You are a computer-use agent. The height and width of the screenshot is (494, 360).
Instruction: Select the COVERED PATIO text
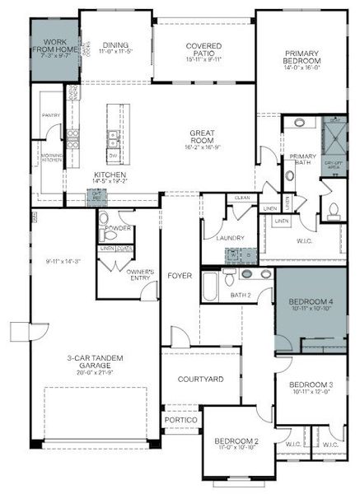203,47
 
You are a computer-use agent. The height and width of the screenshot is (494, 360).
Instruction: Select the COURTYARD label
201,380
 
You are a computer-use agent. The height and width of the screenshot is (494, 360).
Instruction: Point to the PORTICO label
180,421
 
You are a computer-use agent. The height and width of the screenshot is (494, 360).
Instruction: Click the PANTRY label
51,116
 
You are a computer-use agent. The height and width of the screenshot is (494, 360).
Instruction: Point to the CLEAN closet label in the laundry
242,198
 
